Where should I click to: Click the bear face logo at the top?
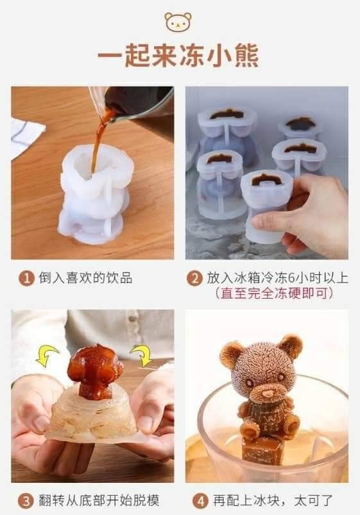coord(178,22)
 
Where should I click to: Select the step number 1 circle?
coord(26,279)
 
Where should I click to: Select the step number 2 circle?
coord(194,279)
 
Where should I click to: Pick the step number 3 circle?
coord(26,502)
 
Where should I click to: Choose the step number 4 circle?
coord(200,502)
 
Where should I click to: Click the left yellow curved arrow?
coord(46,356)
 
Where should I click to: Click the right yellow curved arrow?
coord(142,355)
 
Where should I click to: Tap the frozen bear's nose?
coord(268,393)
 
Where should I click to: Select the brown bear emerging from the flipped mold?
coord(95,371)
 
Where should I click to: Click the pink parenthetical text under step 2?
coord(275,293)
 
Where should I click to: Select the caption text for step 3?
coord(99,501)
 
